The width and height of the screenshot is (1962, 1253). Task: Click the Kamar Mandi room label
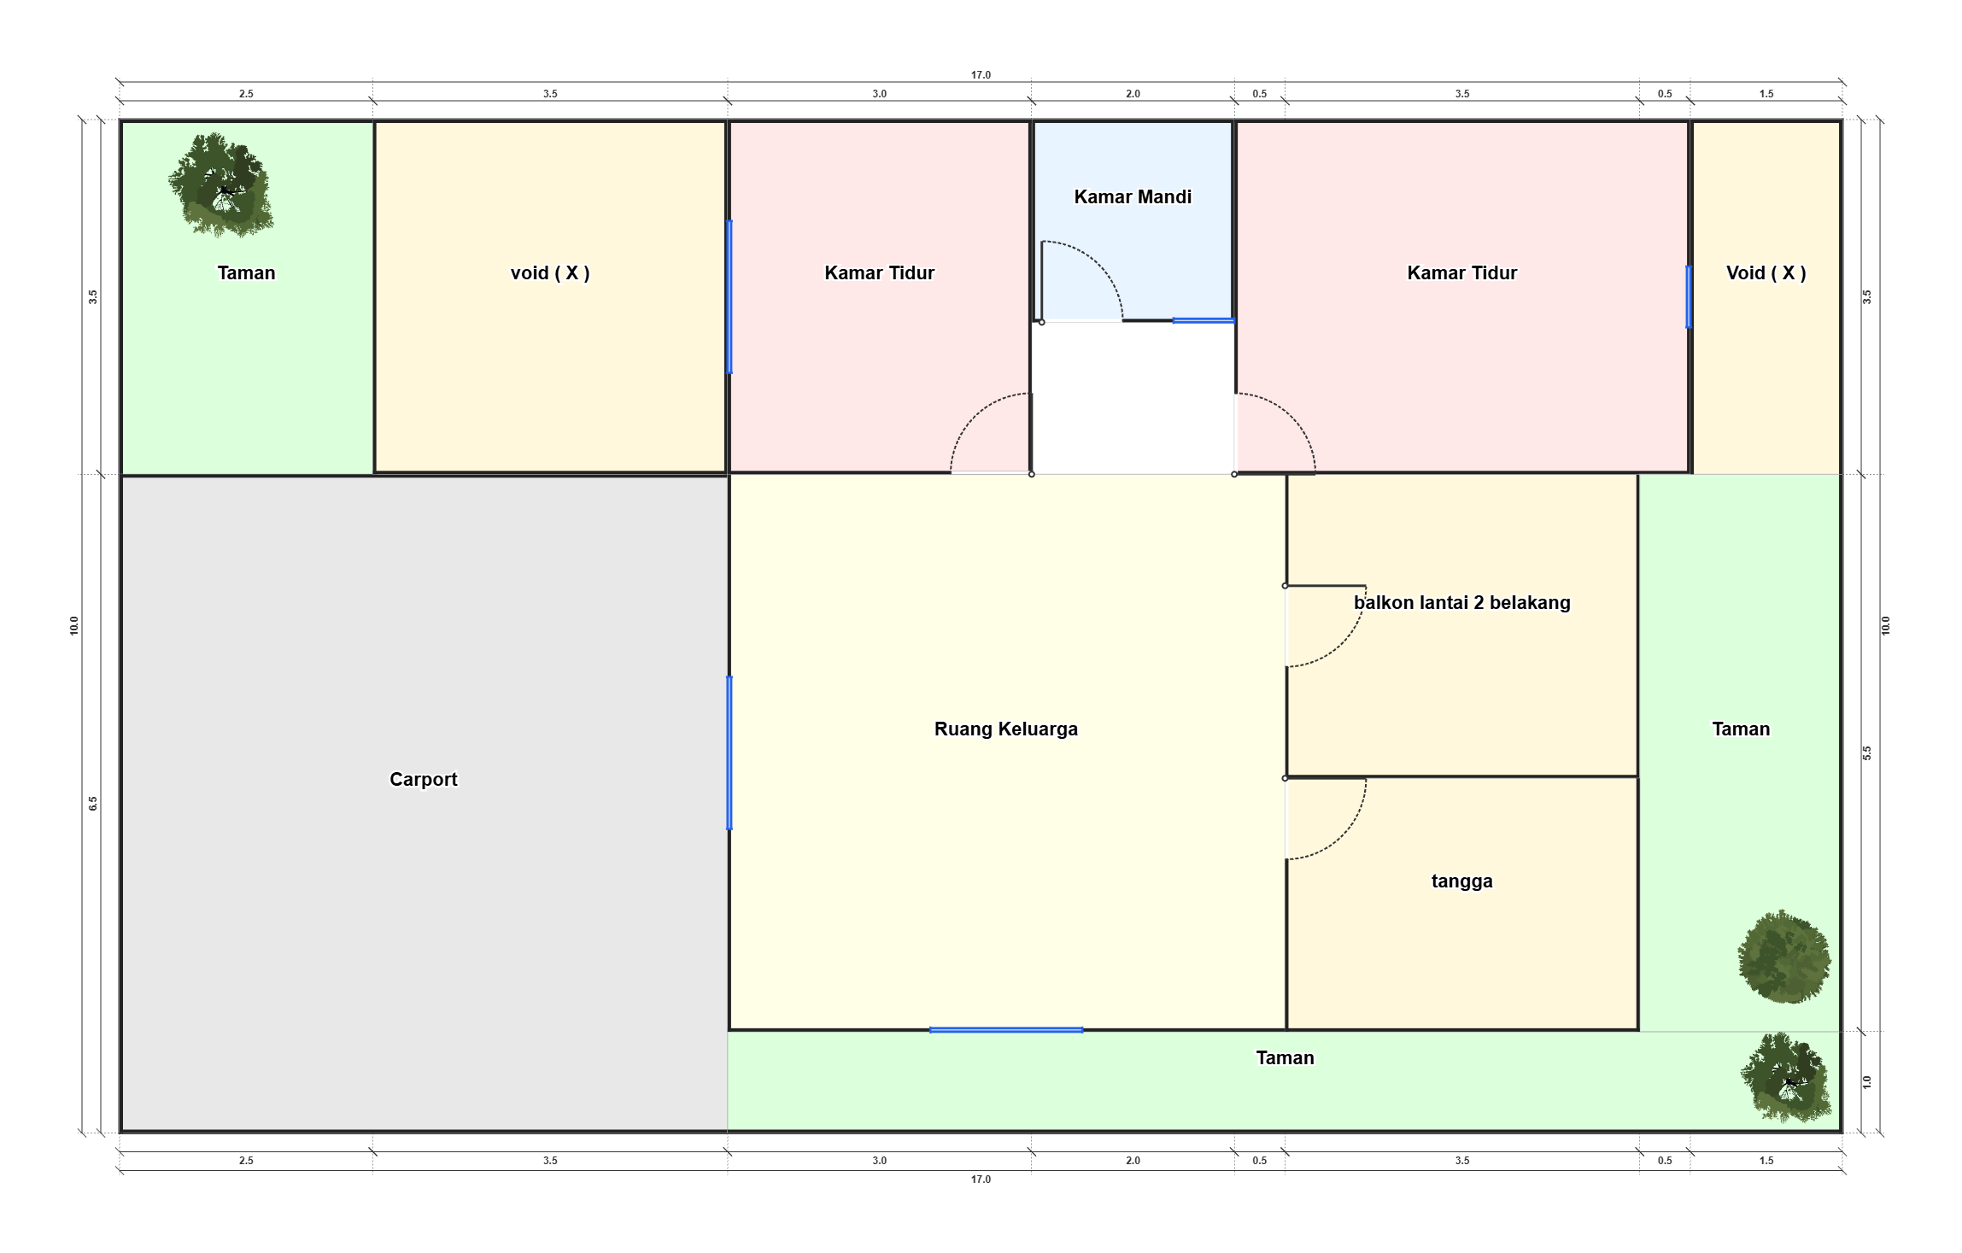pyautogui.click(x=1133, y=197)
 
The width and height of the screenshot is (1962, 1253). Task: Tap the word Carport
pyautogui.click(x=424, y=780)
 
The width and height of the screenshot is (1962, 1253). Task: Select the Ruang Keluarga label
pyautogui.click(x=1006, y=729)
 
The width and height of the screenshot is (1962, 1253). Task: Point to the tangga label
pyautogui.click(x=1462, y=881)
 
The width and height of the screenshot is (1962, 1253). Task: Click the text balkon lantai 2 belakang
pyautogui.click(x=1462, y=603)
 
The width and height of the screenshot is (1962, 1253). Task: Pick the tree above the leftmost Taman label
pyautogui.click(x=221, y=184)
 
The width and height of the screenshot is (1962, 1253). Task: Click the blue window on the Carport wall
pyautogui.click(x=729, y=752)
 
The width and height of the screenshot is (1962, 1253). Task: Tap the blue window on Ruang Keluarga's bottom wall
pyautogui.click(x=1006, y=1030)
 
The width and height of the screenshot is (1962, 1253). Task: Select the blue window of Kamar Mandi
pyautogui.click(x=1204, y=320)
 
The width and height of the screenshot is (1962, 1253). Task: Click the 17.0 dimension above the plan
pyautogui.click(x=981, y=75)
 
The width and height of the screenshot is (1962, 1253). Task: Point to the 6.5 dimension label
pyautogui.click(x=93, y=804)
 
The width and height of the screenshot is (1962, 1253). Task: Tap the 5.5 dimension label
pyautogui.click(x=1866, y=753)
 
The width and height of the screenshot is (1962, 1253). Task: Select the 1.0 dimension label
pyautogui.click(x=1866, y=1082)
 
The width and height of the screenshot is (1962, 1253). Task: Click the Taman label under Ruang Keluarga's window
pyautogui.click(x=1285, y=1058)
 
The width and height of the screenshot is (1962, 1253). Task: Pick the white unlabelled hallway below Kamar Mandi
pyautogui.click(x=1133, y=397)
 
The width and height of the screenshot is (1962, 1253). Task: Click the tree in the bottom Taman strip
pyautogui.click(x=1786, y=1077)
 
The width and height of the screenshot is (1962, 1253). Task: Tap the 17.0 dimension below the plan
pyautogui.click(x=981, y=1180)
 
